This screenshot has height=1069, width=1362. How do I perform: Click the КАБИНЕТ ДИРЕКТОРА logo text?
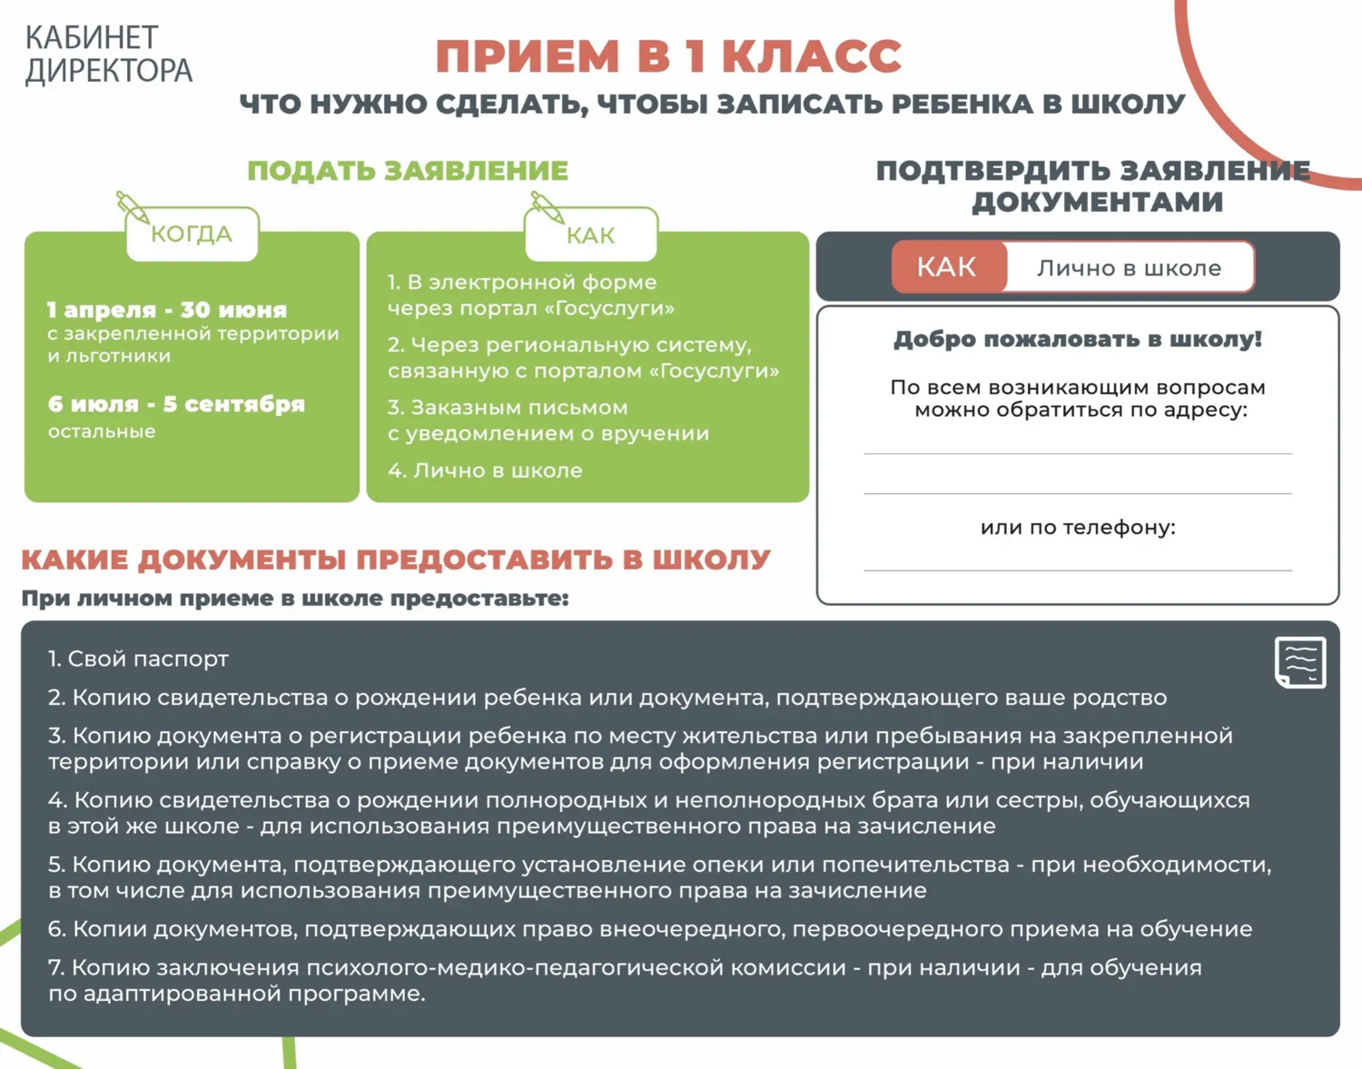(x=108, y=54)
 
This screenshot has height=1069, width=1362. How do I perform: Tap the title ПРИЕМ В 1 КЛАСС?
(x=669, y=56)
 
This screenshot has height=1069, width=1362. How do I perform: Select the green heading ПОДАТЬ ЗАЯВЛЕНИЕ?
(x=408, y=171)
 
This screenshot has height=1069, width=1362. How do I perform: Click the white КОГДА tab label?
(x=192, y=233)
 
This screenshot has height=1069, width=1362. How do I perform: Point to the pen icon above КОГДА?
(x=133, y=207)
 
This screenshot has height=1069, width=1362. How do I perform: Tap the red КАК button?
(x=947, y=267)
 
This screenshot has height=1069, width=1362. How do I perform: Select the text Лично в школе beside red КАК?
(x=1129, y=268)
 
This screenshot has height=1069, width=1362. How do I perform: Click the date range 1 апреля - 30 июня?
(x=167, y=310)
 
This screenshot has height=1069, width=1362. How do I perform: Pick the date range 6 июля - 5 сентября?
(x=176, y=404)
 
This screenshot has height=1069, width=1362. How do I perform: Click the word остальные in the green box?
(x=102, y=431)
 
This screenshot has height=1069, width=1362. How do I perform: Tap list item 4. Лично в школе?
(x=485, y=470)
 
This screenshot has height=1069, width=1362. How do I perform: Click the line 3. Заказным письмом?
(x=508, y=408)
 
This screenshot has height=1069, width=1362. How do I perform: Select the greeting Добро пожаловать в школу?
(x=1078, y=339)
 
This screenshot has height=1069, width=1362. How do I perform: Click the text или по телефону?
(x=1078, y=528)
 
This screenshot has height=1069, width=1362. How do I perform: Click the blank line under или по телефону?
(x=1078, y=570)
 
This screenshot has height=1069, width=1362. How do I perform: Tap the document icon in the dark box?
(x=1300, y=663)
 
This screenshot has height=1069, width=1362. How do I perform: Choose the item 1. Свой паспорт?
(x=139, y=659)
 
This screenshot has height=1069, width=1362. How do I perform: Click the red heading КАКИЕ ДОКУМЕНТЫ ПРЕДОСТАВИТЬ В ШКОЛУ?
(x=396, y=559)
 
